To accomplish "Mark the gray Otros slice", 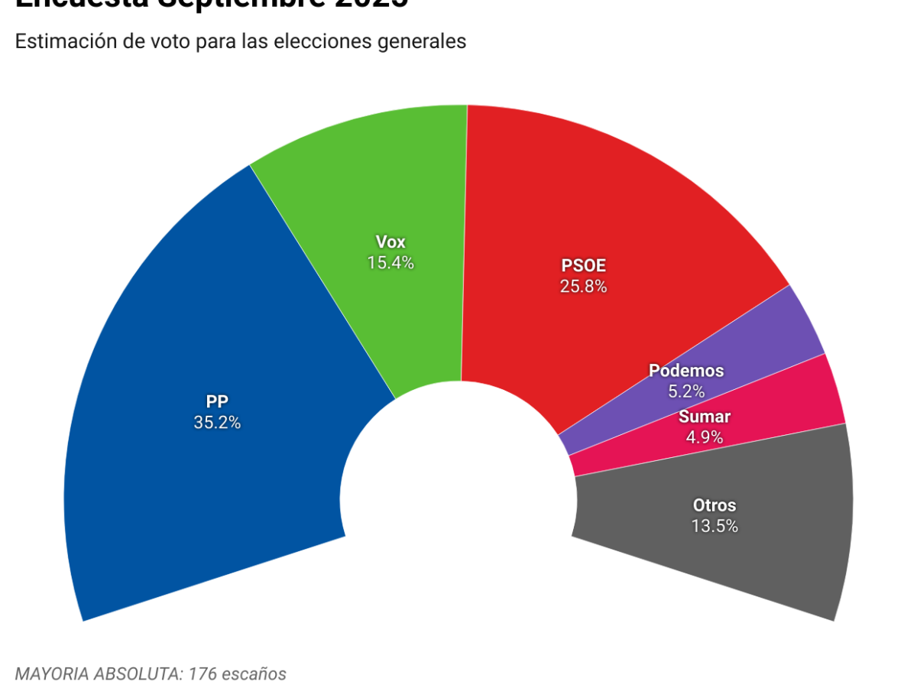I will click(x=764, y=550).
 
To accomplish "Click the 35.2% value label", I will click(x=217, y=422).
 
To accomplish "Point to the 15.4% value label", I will click(x=390, y=263).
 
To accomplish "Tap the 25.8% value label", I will click(x=584, y=287).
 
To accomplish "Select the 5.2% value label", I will click(x=685, y=391).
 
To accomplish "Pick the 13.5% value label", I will click(x=714, y=526).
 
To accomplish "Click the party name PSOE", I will click(x=584, y=266).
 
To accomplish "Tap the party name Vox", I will click(x=390, y=242).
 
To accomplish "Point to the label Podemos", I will click(x=685, y=371).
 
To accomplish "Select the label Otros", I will click(x=714, y=505).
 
